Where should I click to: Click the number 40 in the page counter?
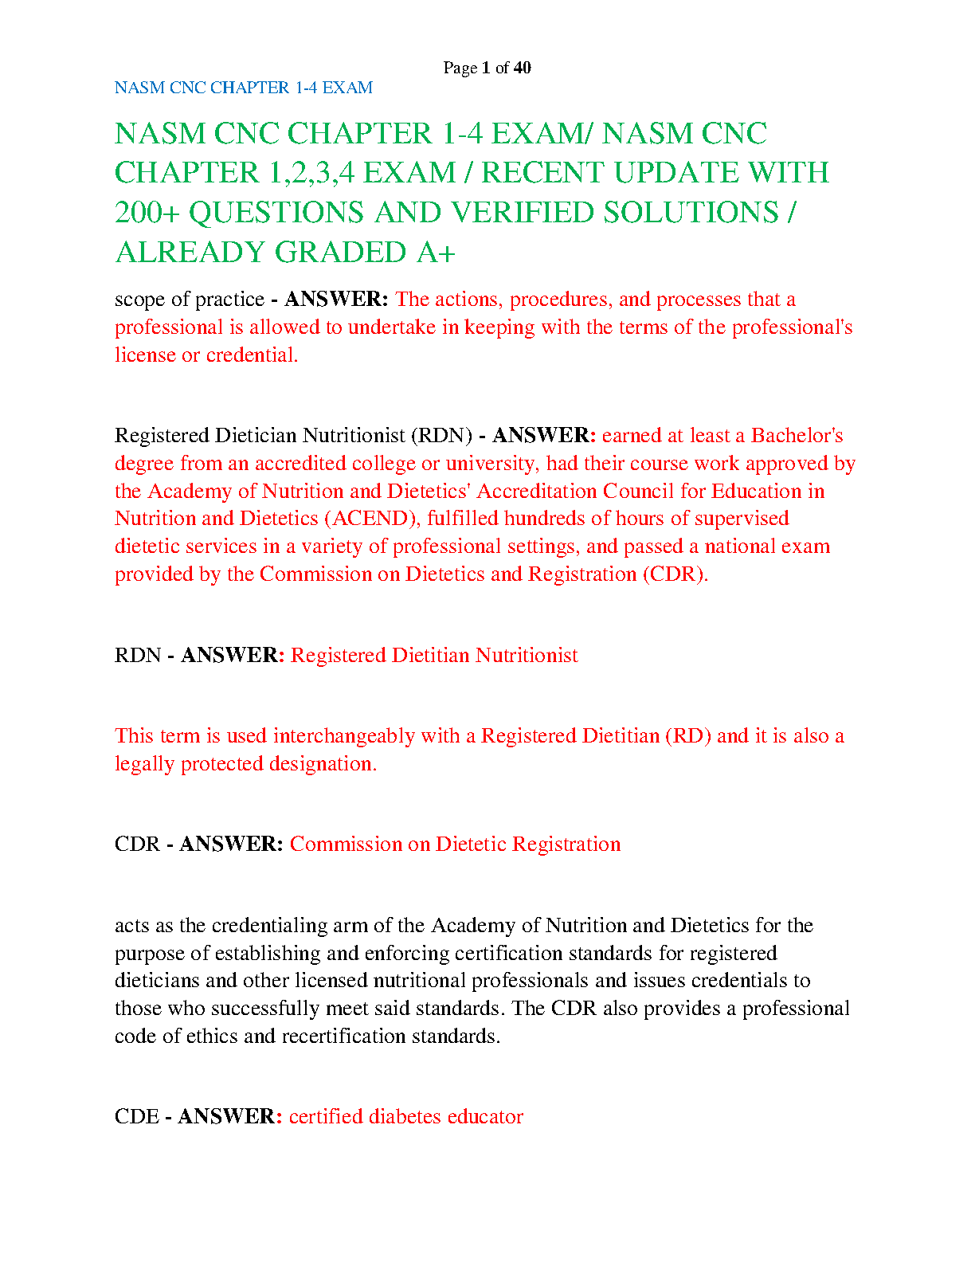(x=523, y=68)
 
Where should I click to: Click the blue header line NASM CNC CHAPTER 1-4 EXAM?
(x=244, y=88)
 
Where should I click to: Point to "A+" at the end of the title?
(x=436, y=253)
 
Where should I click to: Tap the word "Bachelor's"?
(x=797, y=436)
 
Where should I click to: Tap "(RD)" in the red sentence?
(x=687, y=735)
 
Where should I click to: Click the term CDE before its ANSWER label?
(x=137, y=1117)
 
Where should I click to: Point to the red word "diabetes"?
(x=405, y=1117)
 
